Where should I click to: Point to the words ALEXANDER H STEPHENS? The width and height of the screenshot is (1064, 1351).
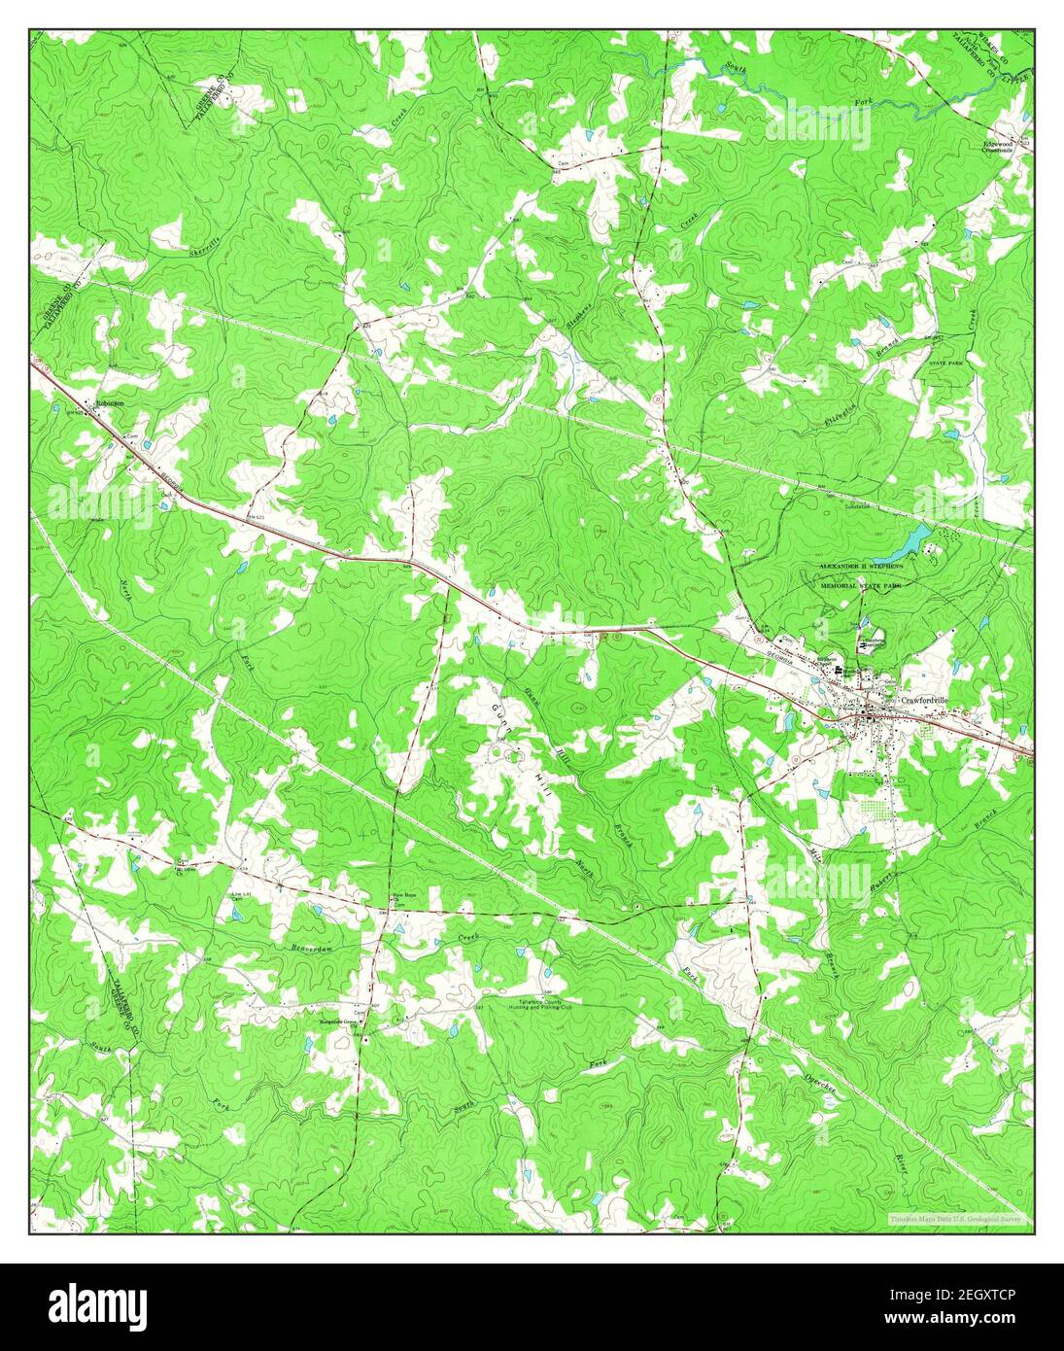(861, 565)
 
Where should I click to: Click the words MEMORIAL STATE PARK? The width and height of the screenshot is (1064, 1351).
(861, 574)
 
